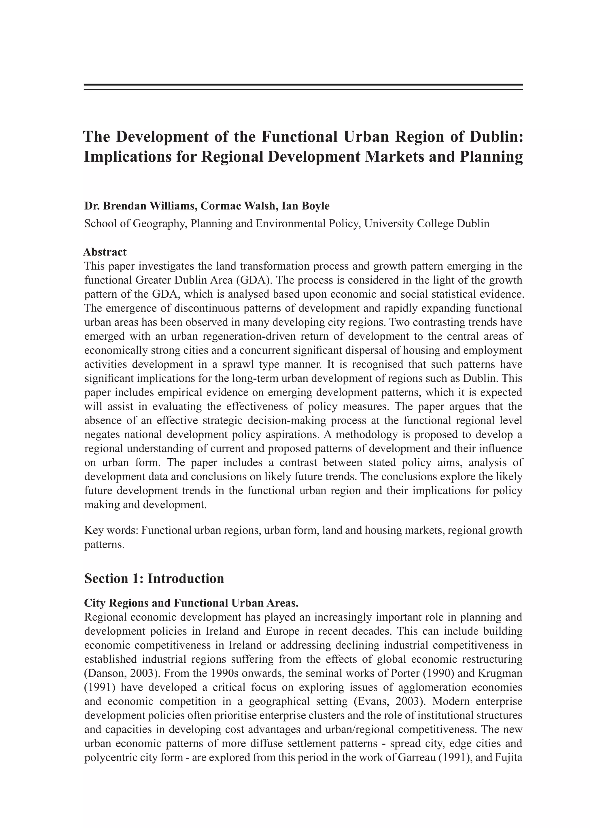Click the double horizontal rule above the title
pyautogui.click(x=303, y=87)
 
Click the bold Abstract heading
pyautogui.click(x=105, y=252)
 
